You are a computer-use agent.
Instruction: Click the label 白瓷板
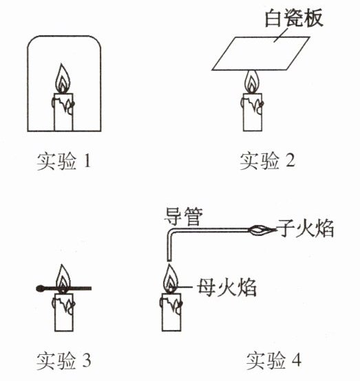coord(294,18)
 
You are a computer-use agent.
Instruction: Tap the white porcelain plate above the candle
coord(261,54)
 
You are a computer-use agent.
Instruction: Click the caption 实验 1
coord(64,161)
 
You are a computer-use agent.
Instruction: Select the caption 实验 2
coord(268,161)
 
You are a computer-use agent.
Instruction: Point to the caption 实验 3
coord(64,360)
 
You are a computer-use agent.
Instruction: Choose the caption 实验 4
coord(274,360)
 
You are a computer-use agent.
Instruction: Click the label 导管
coord(183,217)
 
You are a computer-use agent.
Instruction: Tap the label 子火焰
coord(306,228)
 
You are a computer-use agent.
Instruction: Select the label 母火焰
coord(226,287)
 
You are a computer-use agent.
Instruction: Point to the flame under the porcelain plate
coord(252,82)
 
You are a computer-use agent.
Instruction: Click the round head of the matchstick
coord(40,289)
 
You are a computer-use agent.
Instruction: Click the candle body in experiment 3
coord(63,312)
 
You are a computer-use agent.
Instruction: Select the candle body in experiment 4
coord(171,312)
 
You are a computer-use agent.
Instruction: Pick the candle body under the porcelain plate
coord(253,112)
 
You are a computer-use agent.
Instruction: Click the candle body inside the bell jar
coord(63,112)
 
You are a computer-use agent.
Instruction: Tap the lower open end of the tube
coord(169,261)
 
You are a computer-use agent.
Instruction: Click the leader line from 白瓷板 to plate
coord(281,35)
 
